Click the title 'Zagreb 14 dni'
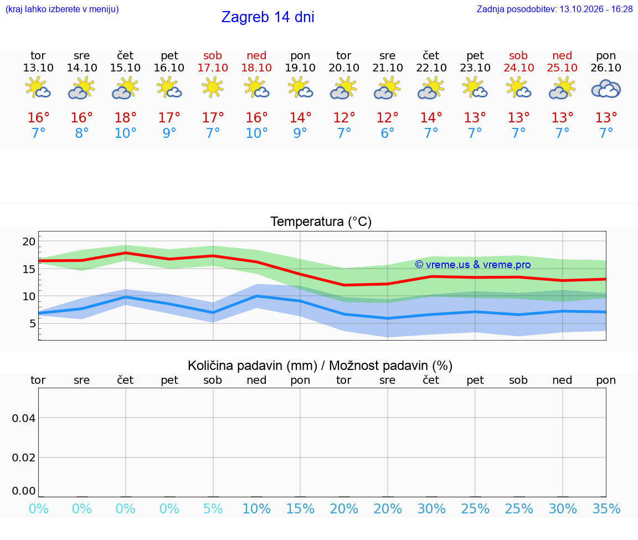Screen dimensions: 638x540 point(267,17)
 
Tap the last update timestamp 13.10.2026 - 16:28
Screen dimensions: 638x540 point(596,9)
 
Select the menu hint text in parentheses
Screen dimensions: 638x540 point(62,9)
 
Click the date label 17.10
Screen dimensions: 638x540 point(213,68)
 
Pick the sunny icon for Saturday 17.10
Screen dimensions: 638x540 point(213,87)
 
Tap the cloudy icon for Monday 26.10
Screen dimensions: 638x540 point(606,89)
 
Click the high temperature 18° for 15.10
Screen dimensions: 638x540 point(125,117)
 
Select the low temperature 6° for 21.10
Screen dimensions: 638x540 point(387,133)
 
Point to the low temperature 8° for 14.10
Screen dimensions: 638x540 point(82,133)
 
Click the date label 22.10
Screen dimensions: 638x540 point(431,68)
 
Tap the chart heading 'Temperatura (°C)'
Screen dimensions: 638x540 point(321,222)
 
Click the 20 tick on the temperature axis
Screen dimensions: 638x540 point(29,241)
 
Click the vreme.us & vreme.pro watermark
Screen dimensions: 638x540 point(473,265)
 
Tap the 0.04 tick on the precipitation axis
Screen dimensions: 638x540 point(24,418)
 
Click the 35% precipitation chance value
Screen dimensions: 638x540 point(606,508)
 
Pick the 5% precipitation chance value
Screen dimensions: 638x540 point(213,508)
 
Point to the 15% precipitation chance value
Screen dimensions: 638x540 point(300,508)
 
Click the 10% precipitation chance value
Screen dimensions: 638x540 point(257,508)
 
